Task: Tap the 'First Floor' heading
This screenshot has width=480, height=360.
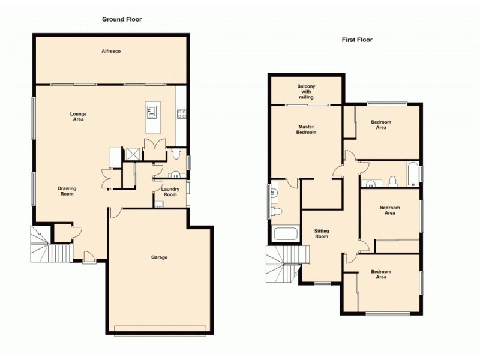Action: (x=357, y=40)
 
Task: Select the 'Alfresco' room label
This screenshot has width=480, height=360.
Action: (x=111, y=52)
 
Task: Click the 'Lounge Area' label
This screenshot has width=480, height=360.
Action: (x=78, y=116)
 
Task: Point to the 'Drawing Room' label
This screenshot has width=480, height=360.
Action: (x=67, y=191)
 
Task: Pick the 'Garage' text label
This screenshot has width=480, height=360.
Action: (x=159, y=257)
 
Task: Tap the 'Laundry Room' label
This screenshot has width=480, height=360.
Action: (x=170, y=192)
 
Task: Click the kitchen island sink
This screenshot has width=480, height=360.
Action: (x=152, y=110)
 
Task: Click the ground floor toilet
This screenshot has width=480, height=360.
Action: (x=175, y=155)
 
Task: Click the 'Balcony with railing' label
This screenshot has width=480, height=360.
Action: (x=306, y=92)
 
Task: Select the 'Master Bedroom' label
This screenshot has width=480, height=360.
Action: (x=306, y=130)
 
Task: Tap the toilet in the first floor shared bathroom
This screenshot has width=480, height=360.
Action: (x=393, y=181)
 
